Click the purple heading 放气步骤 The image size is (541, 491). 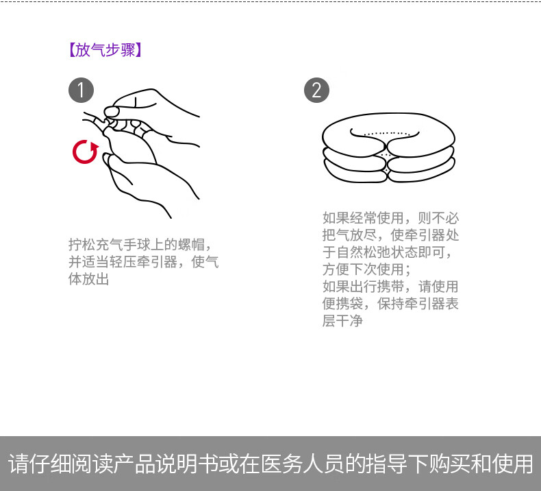(105, 50)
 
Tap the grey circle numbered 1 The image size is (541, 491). (81, 91)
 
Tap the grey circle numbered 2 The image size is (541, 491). (316, 91)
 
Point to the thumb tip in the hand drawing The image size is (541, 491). (111, 112)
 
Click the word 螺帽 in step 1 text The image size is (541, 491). (192, 245)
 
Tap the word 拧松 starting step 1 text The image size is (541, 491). (81, 245)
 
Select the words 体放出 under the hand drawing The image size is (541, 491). (88, 279)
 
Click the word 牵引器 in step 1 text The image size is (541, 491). (157, 261)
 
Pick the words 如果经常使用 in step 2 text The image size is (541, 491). (363, 218)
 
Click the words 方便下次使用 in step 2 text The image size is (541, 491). (363, 270)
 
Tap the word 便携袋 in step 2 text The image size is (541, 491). (342, 304)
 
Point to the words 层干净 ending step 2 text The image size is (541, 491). (342, 321)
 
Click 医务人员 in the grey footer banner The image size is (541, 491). (303, 464)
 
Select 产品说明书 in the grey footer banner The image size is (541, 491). (166, 464)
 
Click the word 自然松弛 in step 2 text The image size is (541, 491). (363, 252)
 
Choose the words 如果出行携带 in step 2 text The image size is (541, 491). (363, 287)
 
